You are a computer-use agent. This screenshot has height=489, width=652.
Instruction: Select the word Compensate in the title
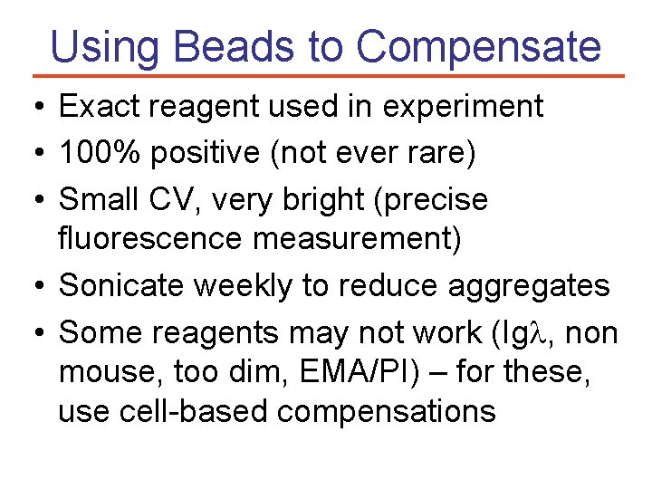(x=478, y=47)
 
